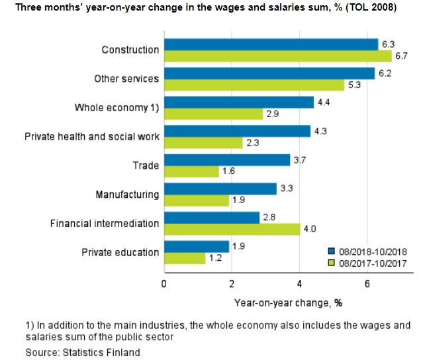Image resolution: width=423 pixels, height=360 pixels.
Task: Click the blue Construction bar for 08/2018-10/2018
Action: click(271, 44)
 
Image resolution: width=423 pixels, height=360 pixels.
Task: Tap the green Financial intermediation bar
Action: click(232, 230)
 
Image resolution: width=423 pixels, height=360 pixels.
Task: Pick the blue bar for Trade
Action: click(227, 160)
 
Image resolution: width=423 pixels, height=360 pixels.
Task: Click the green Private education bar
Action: click(185, 258)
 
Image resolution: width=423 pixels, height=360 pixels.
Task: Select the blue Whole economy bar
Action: click(238, 102)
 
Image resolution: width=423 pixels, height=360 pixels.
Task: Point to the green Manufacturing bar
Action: click(196, 201)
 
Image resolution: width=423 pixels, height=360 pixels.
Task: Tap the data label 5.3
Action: click(355, 85)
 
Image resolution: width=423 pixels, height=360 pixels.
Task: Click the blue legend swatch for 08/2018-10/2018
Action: click(332, 251)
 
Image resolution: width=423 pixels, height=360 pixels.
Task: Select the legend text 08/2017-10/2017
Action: click(371, 263)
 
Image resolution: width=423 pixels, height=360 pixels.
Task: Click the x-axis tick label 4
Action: click(299, 284)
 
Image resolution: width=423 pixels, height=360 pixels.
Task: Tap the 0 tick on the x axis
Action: click(164, 284)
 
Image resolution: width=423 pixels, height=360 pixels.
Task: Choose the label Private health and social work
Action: click(92, 137)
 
